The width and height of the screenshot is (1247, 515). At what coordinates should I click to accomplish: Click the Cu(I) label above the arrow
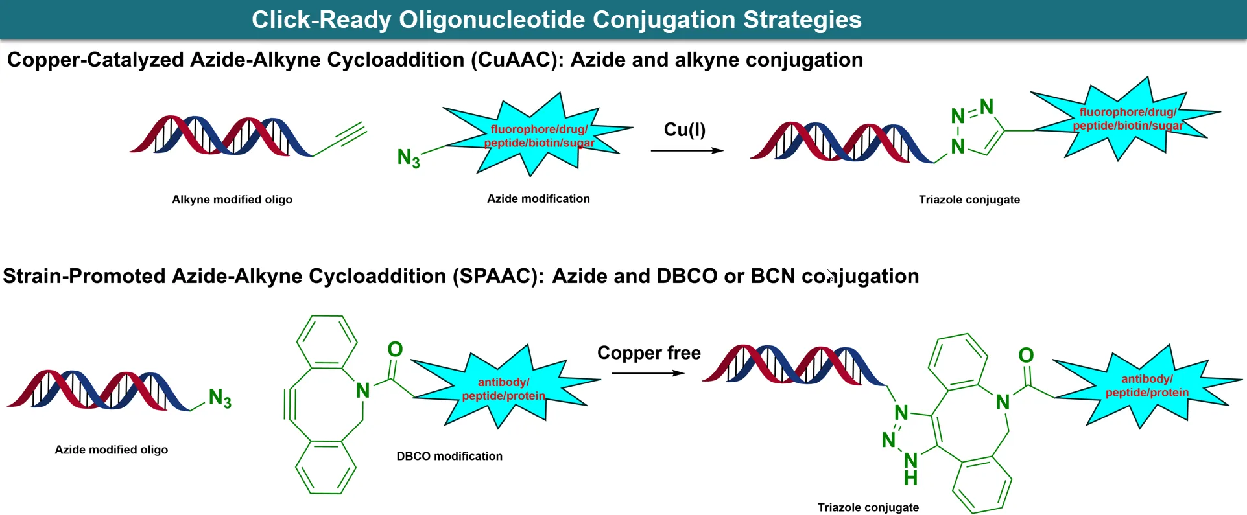coord(684,130)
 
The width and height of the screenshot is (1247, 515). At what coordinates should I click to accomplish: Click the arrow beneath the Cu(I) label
coord(687,151)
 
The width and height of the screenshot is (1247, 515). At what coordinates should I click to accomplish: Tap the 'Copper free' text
coord(648,353)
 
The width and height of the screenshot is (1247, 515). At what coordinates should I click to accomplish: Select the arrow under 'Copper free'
coord(648,373)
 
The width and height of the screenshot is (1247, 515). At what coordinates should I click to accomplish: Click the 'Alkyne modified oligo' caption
coord(232,200)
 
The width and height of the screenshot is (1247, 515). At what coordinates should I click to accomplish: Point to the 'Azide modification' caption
coord(538,199)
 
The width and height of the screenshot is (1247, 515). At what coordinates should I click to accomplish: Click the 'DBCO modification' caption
coord(449,456)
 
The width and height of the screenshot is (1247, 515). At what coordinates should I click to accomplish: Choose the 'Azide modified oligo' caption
coord(111,450)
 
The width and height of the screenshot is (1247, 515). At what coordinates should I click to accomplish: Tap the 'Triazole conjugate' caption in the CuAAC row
coord(969,200)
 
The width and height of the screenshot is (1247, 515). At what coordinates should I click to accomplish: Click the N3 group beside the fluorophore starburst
coord(409,157)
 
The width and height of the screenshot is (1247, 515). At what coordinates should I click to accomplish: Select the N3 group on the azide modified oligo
coord(220,398)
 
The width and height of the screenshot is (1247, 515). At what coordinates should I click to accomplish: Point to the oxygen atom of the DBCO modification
coord(395,350)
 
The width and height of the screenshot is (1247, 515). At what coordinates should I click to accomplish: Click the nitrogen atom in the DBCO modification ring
coord(362,391)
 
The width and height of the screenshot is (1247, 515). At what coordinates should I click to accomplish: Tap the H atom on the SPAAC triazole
coord(910,479)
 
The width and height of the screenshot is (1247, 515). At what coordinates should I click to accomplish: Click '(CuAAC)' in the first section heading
coord(517,60)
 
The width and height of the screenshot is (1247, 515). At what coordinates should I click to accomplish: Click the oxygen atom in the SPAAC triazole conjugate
coord(1026,356)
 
